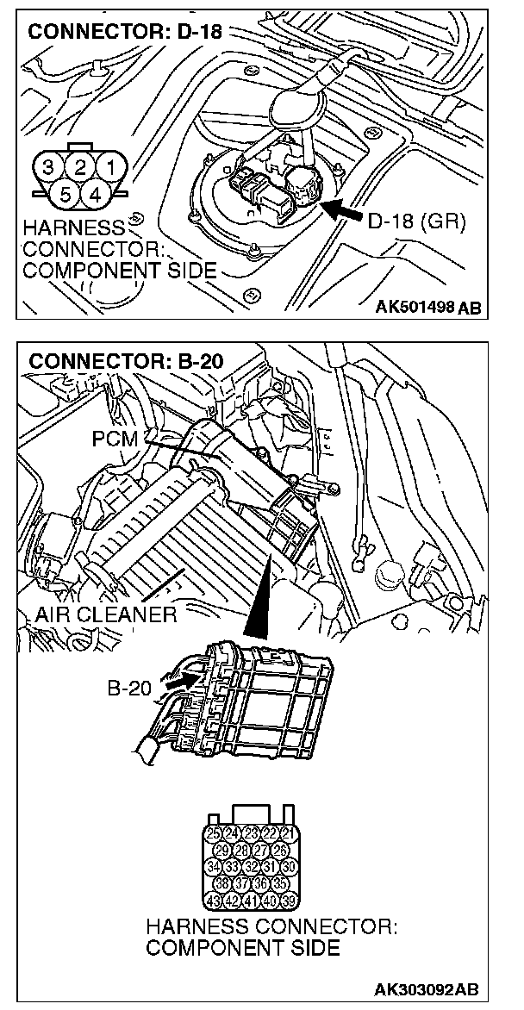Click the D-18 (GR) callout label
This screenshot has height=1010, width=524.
tap(416, 222)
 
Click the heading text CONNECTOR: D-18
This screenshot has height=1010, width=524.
tap(124, 33)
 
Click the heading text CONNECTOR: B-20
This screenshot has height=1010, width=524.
tap(126, 361)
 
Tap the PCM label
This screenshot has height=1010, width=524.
tap(114, 439)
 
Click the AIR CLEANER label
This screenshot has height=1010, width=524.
tap(106, 615)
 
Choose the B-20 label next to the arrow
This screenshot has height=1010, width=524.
tap(130, 689)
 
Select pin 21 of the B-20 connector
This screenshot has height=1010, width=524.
tap(289, 832)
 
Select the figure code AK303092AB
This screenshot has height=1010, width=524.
tap(427, 989)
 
